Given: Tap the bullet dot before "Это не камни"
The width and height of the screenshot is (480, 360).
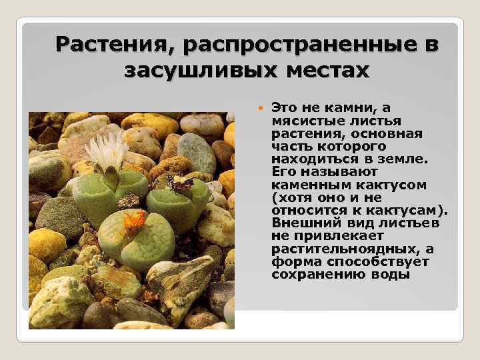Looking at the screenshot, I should pos(260,108).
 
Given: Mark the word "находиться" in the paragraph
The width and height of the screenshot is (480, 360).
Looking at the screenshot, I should pos(308,159).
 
